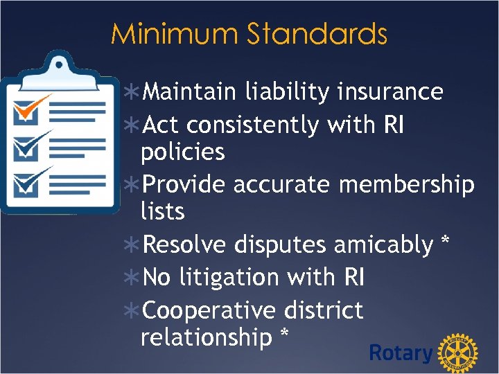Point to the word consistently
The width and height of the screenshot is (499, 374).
pos(254,125)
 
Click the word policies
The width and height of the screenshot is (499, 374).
pos(182,152)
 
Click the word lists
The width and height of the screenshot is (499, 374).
pos(162,211)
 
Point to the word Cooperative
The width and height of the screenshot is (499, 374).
pos(201,310)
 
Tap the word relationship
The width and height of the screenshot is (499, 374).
pos(206,337)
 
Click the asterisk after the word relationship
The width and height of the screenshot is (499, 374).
pos(283,335)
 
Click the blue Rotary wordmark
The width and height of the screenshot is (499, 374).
pos(401,353)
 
